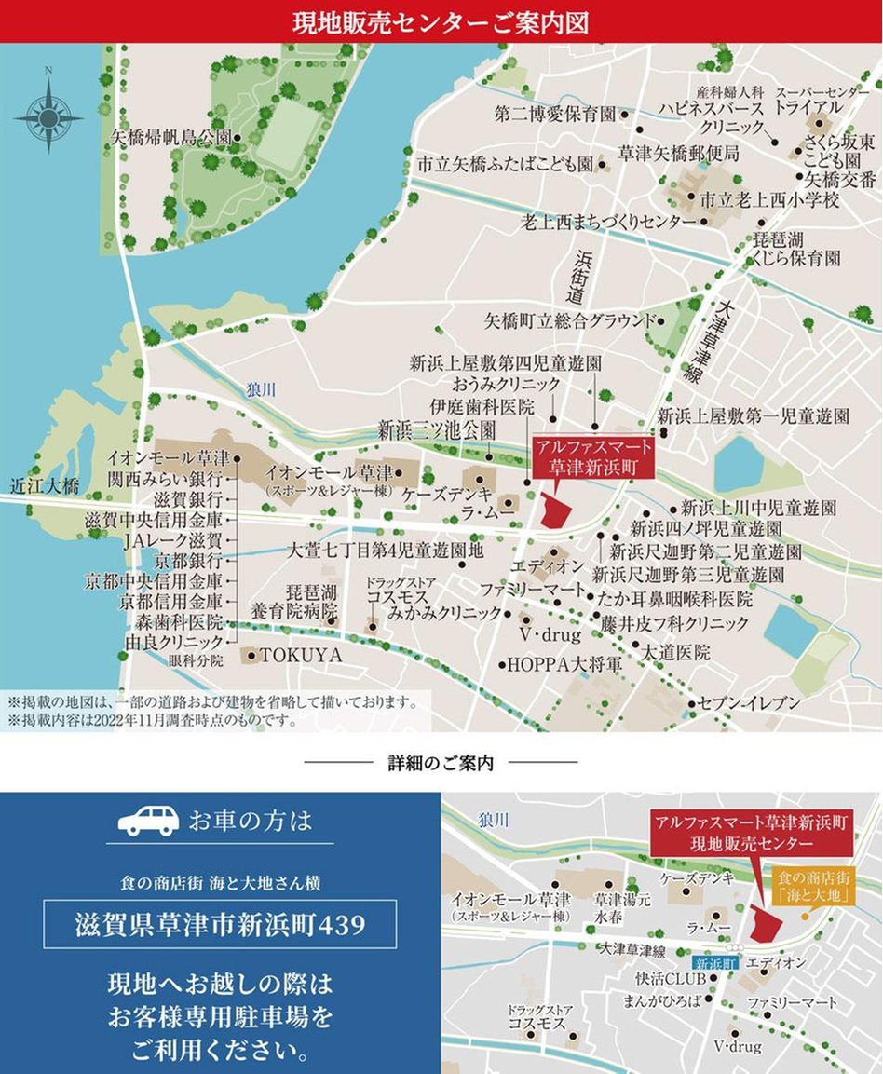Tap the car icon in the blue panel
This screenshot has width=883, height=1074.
[148, 820]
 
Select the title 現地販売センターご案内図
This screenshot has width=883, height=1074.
[441, 22]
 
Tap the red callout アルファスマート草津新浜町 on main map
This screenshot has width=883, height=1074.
[593, 456]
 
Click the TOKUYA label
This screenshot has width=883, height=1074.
[301, 656]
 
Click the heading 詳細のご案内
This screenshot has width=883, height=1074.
[441, 763]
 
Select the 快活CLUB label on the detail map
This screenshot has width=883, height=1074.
[659, 979]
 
